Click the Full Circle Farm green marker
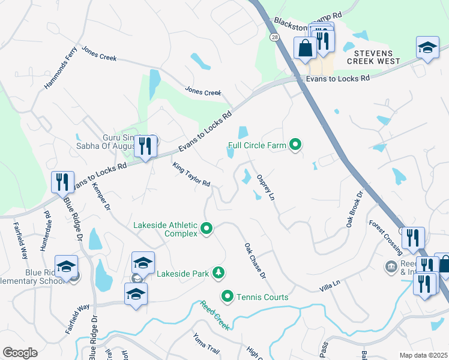tap(295, 145)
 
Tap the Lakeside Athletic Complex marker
tap(207, 228)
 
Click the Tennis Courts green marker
tap(228, 296)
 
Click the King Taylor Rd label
tap(191, 175)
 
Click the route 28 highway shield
tap(274, 37)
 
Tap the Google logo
tap(20, 353)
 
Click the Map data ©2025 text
tap(423, 355)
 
